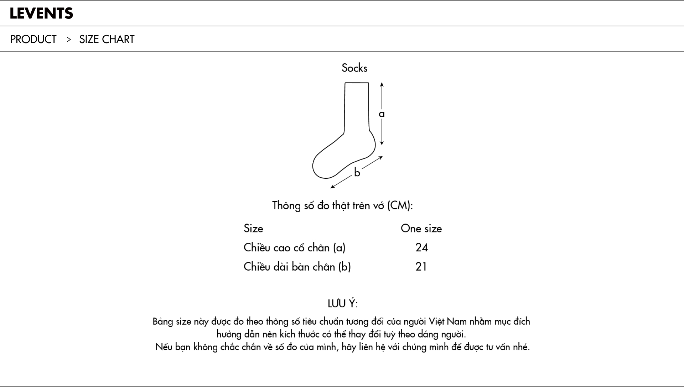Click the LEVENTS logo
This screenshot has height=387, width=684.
(41, 14)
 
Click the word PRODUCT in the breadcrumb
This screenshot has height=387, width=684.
(33, 39)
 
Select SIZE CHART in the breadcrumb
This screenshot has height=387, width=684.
(107, 39)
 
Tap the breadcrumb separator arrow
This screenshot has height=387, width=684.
(69, 39)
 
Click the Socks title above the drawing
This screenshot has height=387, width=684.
(354, 68)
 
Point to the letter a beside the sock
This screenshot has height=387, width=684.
(382, 114)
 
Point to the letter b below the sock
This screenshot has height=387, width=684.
(357, 173)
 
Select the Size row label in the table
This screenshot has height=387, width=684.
(253, 229)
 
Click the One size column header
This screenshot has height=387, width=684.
(421, 229)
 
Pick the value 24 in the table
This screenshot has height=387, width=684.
(421, 248)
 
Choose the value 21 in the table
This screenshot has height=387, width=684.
(421, 267)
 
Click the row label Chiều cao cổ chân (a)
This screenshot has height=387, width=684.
(294, 248)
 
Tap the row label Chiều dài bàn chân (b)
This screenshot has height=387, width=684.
(297, 267)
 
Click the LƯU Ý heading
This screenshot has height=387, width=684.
(342, 304)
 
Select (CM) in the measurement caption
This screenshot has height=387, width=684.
(399, 206)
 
